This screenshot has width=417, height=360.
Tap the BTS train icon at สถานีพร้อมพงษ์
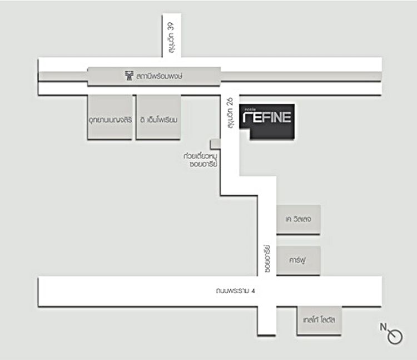[130, 75]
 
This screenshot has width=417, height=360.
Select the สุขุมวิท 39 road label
[166, 42]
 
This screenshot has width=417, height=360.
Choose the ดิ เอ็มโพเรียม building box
[158, 119]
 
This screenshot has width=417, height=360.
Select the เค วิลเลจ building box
[299, 219]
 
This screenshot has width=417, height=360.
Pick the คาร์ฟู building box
[299, 260]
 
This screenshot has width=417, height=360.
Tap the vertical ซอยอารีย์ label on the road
[267, 258]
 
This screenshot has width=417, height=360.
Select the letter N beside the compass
[383, 327]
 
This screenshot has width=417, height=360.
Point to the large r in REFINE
[251, 118]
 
